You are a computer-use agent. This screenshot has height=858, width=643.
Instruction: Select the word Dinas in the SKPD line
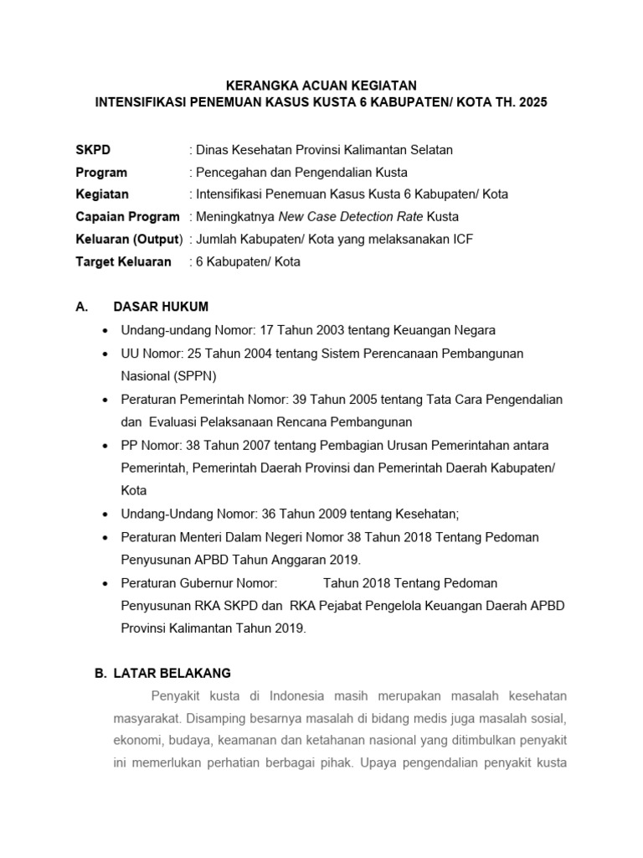[212, 150]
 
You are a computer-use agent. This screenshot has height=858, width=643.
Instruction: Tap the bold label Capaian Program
[127, 217]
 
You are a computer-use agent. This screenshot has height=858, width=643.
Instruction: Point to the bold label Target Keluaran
[123, 261]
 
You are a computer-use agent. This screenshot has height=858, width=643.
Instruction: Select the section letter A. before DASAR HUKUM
[82, 307]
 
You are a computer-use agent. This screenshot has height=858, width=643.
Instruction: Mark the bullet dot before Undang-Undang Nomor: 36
[104, 514]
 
